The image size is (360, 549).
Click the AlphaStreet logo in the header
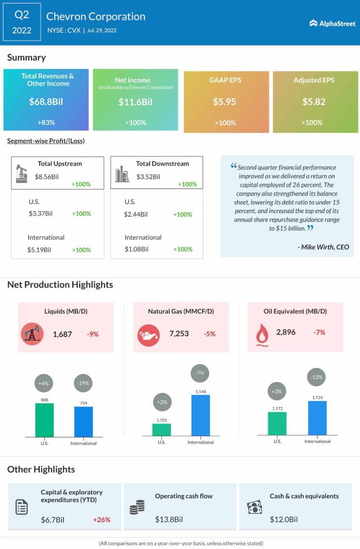tap(332, 23)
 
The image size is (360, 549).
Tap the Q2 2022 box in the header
tap(21, 23)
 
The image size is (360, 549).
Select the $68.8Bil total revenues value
tap(46, 101)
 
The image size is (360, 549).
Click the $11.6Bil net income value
tap(135, 101)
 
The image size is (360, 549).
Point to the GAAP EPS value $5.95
tap(225, 101)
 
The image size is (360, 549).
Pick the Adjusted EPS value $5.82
tap(314, 101)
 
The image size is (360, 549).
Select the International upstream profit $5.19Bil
tap(40, 249)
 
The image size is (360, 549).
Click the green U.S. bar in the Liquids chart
tap(45, 420)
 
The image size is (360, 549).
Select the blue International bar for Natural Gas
tap(201, 416)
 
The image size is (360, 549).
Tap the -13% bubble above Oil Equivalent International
tap(317, 377)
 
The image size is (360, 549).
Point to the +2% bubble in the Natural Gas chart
tap(161, 402)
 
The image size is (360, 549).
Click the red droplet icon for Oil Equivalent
tap(262, 333)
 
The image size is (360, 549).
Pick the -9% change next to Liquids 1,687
tap(92, 334)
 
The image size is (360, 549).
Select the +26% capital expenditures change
tap(101, 520)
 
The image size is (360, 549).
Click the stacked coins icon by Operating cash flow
tap(137, 507)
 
